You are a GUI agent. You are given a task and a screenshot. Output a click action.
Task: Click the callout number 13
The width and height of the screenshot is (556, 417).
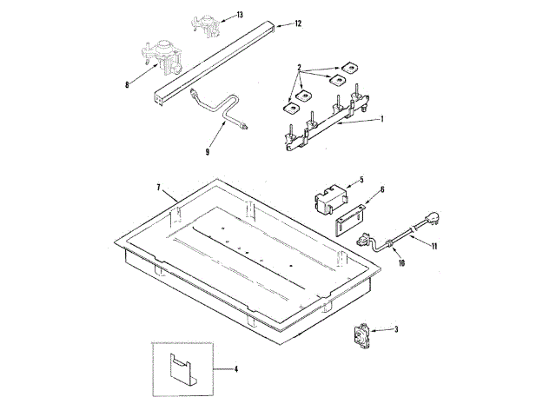pos(240,15)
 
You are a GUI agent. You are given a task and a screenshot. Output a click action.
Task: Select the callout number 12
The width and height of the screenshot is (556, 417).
pos(298,23)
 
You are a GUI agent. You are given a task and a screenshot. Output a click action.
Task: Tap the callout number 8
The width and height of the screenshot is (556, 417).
pos(128,84)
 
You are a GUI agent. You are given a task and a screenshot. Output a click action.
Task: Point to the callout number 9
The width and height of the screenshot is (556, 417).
pos(207,151)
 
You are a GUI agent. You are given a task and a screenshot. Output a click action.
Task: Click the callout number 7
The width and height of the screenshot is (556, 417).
pos(159,188)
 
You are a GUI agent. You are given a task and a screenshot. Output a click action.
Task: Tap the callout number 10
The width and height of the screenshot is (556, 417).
pos(401,263)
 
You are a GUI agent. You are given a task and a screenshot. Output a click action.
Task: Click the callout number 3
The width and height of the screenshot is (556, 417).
pos(396,329)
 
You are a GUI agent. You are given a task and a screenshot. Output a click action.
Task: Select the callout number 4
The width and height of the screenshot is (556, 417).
pos(235,369)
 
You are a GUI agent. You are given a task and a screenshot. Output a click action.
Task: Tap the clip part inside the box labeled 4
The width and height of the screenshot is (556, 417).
pos(180,370)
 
